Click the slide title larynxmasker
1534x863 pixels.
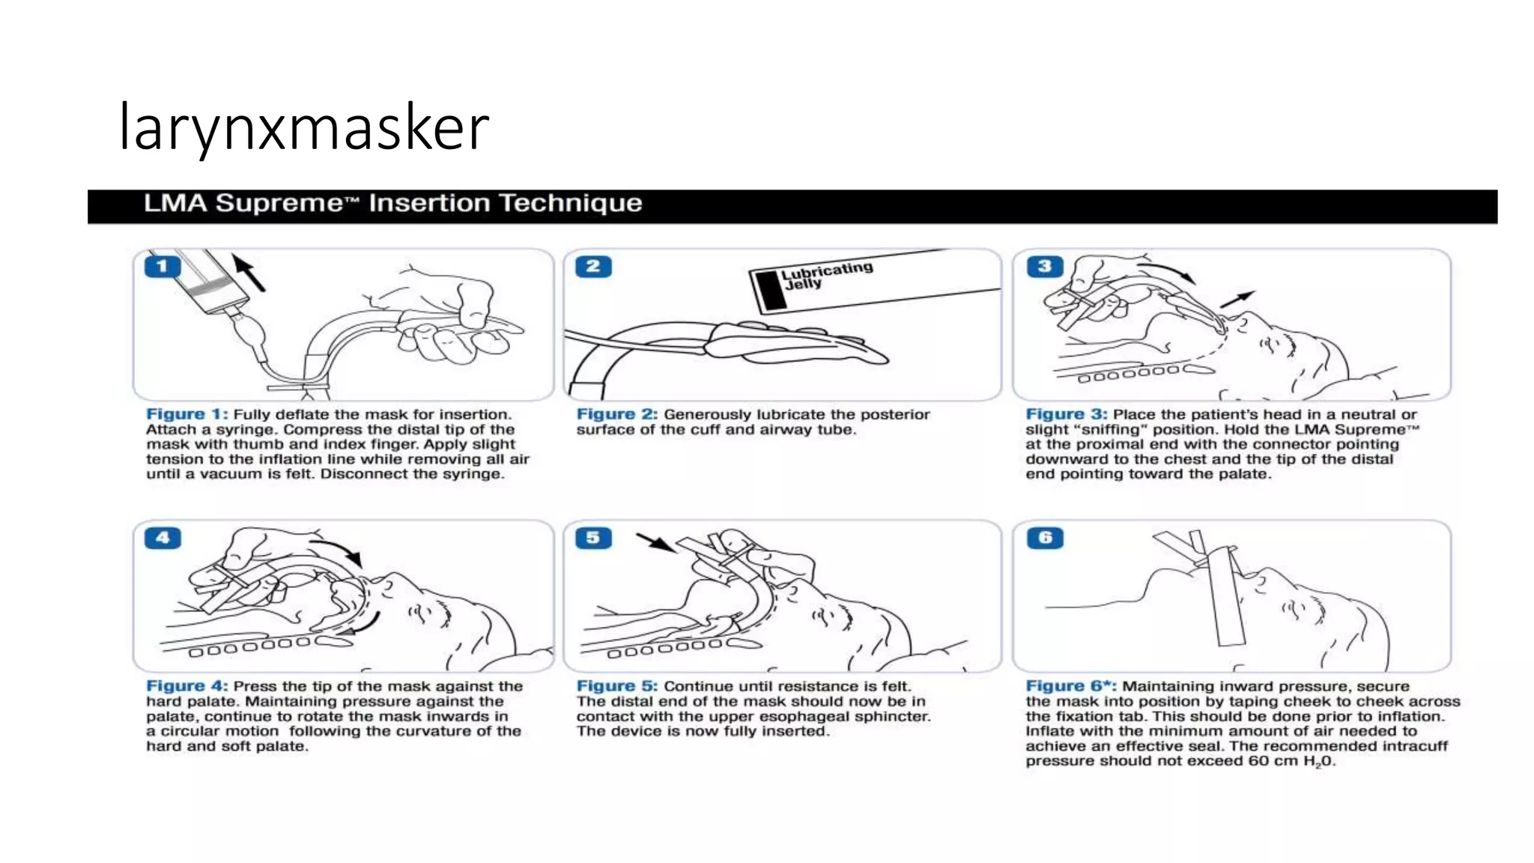pos(303,127)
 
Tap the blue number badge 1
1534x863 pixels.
pos(162,266)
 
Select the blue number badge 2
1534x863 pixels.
pos(593,266)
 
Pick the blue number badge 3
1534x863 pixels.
pos(1044,266)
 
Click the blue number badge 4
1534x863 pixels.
pos(162,538)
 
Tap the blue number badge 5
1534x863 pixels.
pos(593,538)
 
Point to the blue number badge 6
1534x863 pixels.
pos(1044,538)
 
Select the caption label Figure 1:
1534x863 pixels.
pos(187,414)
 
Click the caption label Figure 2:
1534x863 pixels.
pos(616,414)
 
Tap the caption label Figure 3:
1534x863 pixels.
pos(1066,414)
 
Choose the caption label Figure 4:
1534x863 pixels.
pos(187,686)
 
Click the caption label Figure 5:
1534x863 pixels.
pos(616,686)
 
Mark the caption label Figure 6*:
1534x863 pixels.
pos(1070,686)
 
